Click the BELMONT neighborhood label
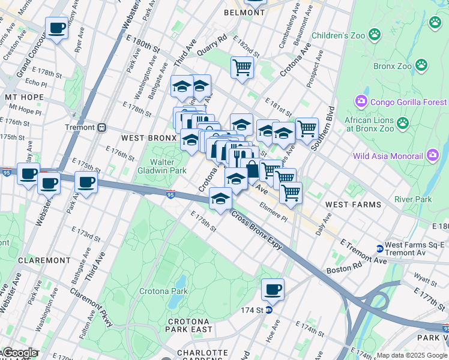pyautogui.click(x=244, y=12)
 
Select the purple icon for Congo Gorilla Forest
pyautogui.click(x=362, y=101)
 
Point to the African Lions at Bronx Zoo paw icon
pyautogui.click(x=402, y=124)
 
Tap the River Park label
pyautogui.click(x=413, y=199)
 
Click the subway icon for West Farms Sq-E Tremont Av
pyautogui.click(x=379, y=248)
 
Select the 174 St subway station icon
pyautogui.click(x=269, y=310)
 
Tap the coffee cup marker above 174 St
pyautogui.click(x=273, y=290)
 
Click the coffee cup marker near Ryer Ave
pyautogui.click(x=56, y=28)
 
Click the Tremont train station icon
pyautogui.click(x=102, y=127)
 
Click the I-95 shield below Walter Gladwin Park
pyautogui.click(x=171, y=194)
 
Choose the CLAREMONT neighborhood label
pyautogui.click(x=44, y=260)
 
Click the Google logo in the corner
pyautogui.click(x=19, y=353)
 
